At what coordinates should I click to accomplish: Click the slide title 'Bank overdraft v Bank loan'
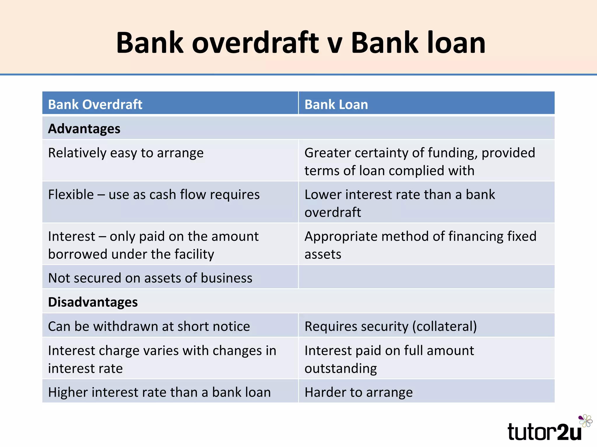(x=301, y=43)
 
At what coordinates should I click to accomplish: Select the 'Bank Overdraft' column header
(x=95, y=104)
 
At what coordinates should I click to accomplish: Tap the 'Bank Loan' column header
(x=336, y=104)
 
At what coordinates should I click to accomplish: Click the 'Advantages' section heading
(x=84, y=129)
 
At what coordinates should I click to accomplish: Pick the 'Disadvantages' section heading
(x=93, y=302)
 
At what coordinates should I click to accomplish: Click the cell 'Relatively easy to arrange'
(x=126, y=153)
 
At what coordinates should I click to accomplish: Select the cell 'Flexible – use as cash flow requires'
(x=154, y=195)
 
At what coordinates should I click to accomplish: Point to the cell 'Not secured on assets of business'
(x=150, y=278)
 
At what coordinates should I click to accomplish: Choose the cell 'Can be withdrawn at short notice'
(x=149, y=326)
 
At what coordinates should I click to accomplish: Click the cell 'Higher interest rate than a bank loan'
(x=159, y=392)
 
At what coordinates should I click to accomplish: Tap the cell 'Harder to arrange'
(x=359, y=392)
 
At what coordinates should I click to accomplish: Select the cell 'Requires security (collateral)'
(x=391, y=326)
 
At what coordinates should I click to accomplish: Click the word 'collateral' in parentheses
(x=445, y=326)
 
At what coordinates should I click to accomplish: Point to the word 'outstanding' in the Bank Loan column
(x=340, y=368)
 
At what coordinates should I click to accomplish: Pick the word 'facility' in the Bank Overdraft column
(x=194, y=254)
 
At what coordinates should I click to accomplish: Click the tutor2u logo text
(x=544, y=432)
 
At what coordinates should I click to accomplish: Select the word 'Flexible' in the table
(x=71, y=195)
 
